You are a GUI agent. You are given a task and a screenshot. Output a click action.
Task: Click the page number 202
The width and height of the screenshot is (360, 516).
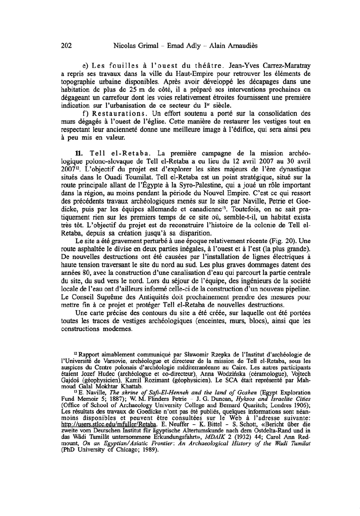tap(67, 46)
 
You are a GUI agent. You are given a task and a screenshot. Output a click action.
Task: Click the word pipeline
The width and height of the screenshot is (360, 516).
tap(293, 288)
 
